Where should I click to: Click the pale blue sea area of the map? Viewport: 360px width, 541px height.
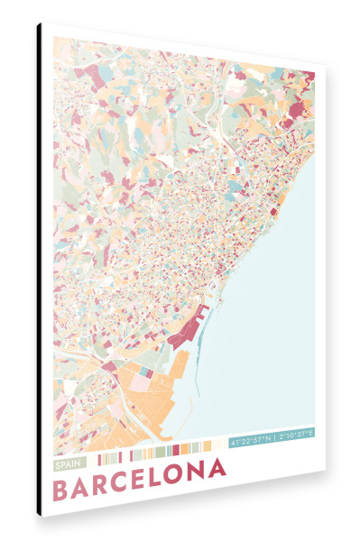[x=271, y=316]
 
